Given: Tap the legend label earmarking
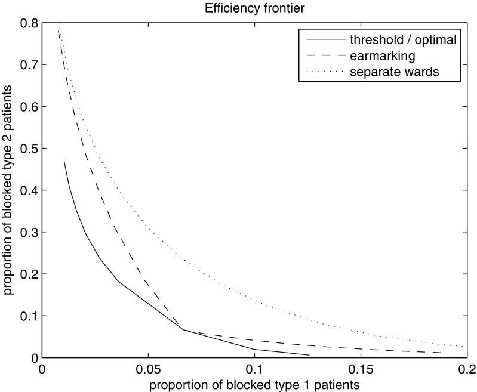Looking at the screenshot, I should (x=379, y=57).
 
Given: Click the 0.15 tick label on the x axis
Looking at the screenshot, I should (x=360, y=369).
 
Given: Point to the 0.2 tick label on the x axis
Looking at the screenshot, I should (x=466, y=369).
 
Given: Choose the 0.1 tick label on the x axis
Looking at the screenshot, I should (x=254, y=369).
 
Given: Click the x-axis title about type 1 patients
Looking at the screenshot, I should (x=254, y=385).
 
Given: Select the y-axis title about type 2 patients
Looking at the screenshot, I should (x=9, y=190).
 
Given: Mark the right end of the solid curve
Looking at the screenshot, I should (x=309, y=355).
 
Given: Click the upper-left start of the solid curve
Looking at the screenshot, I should (x=64, y=161).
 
